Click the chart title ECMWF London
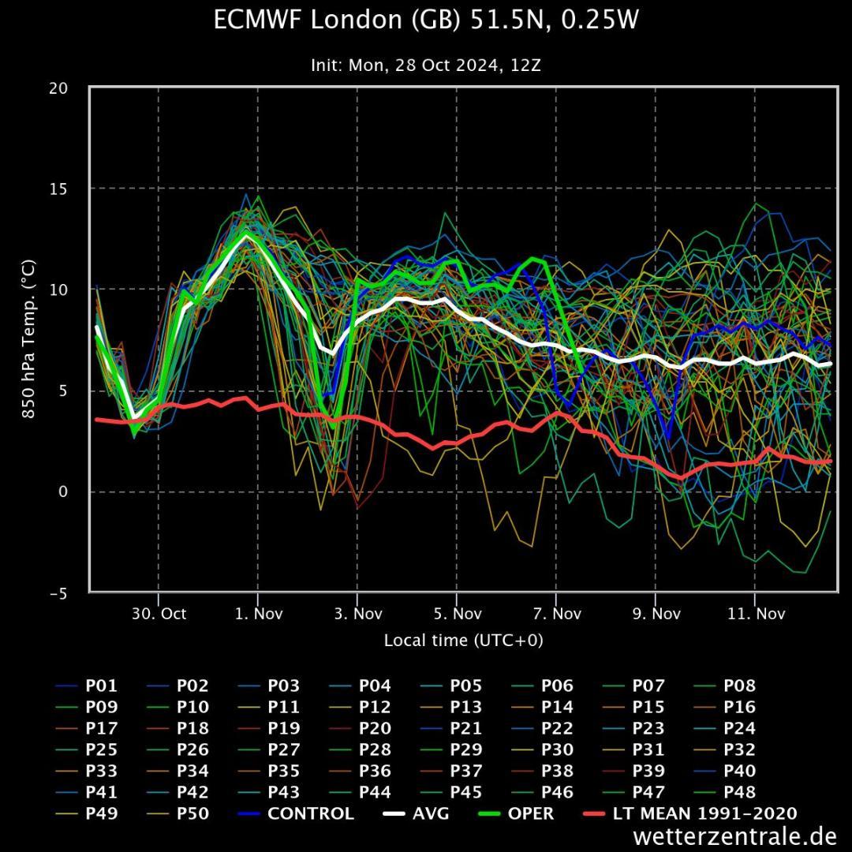[x=426, y=21]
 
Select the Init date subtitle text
[x=426, y=65]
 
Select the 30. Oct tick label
[x=158, y=614]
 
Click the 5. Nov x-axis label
[x=457, y=614]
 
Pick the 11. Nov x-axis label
[x=755, y=614]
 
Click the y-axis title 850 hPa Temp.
[x=28, y=340]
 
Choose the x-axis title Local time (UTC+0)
[x=463, y=640]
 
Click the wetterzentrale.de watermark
[x=734, y=835]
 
